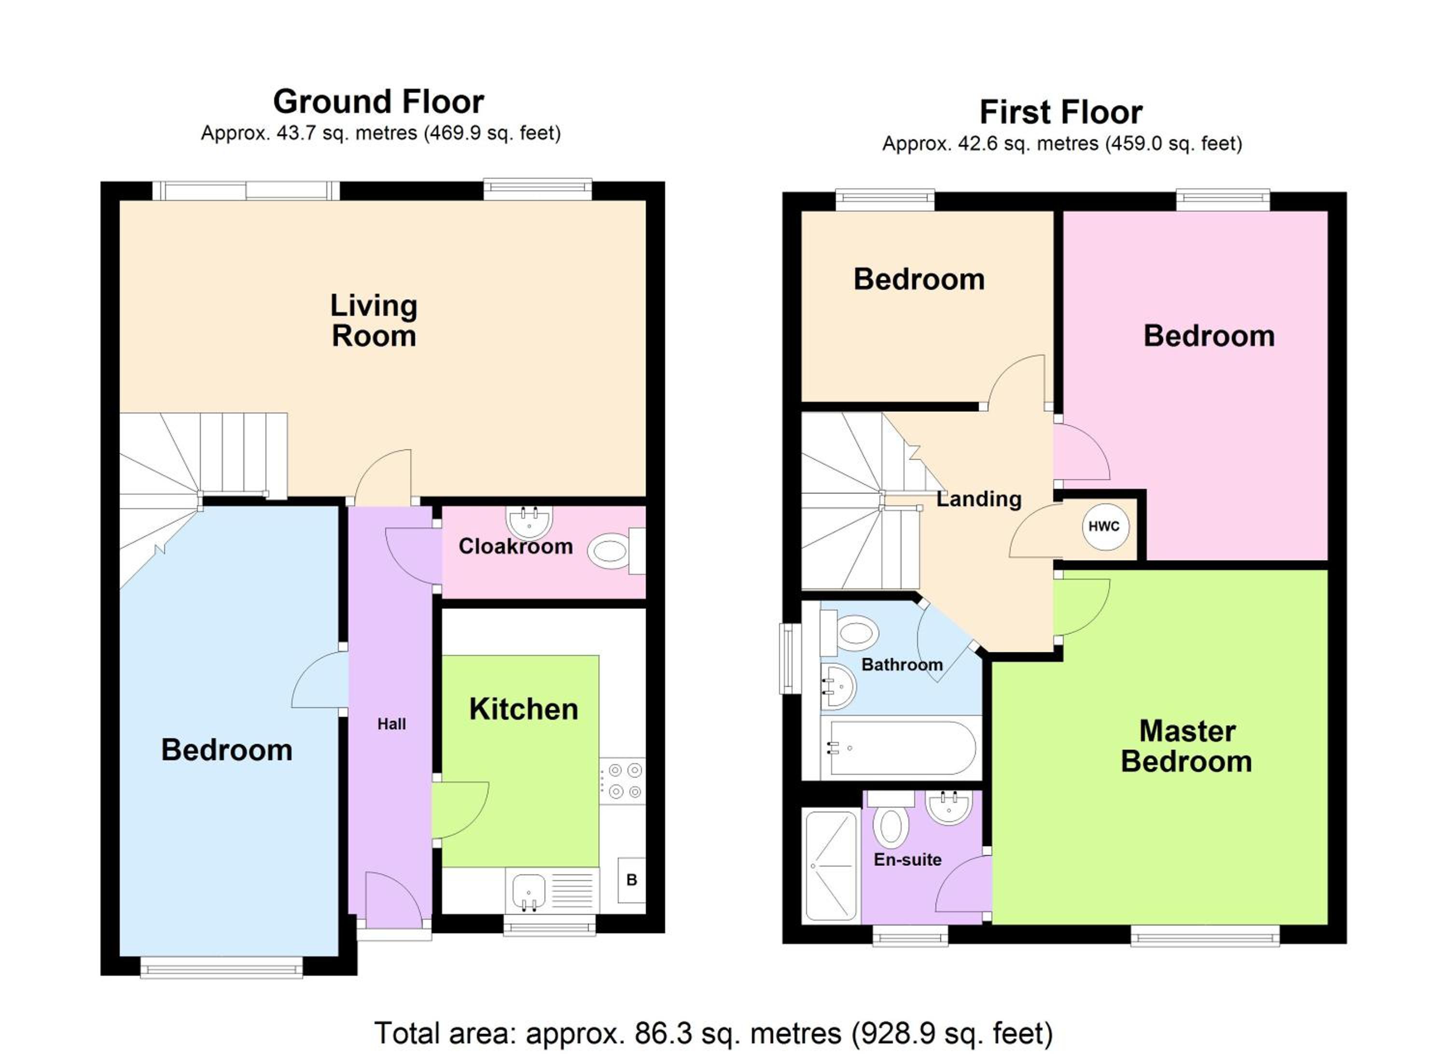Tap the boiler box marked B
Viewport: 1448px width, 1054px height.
point(631,880)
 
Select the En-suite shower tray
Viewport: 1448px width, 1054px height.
point(831,866)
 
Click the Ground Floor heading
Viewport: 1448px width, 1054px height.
point(378,101)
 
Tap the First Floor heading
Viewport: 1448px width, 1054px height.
point(1060,113)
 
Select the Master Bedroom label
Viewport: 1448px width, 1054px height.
point(1187,746)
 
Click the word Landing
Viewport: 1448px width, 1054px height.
point(979,499)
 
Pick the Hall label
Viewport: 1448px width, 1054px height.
point(391,724)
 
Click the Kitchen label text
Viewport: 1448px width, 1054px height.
point(524,709)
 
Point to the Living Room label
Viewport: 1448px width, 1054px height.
point(374,320)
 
